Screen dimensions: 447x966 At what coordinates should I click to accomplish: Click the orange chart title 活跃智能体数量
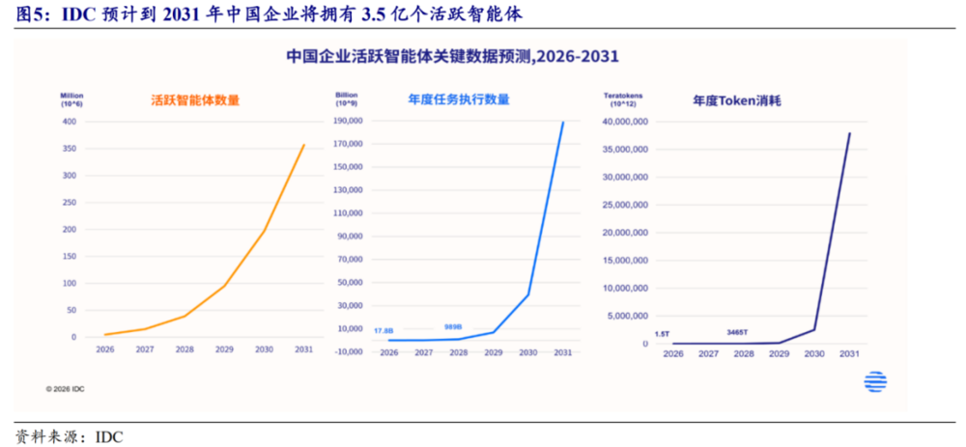click(195, 99)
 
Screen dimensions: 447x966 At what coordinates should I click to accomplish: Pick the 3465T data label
click(739, 333)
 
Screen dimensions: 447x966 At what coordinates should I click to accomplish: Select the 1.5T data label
click(663, 334)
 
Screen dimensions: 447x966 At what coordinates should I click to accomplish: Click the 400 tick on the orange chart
click(69, 122)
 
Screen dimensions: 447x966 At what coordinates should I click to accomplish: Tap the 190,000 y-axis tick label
click(347, 121)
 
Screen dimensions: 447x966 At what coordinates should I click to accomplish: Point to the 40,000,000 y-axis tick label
click(625, 122)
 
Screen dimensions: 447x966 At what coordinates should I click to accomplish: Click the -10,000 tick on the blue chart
click(347, 351)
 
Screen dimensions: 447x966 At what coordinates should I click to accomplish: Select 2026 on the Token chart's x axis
click(672, 354)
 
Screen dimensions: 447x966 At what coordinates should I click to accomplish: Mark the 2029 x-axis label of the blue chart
click(493, 353)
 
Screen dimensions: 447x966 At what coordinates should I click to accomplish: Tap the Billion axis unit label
click(346, 96)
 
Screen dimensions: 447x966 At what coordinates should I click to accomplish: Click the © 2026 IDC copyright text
click(68, 388)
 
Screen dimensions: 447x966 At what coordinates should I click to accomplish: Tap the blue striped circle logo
click(875, 382)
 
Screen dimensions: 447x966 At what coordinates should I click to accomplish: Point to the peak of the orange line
click(304, 145)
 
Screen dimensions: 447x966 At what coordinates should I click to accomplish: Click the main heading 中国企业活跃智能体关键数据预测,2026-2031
click(453, 57)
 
